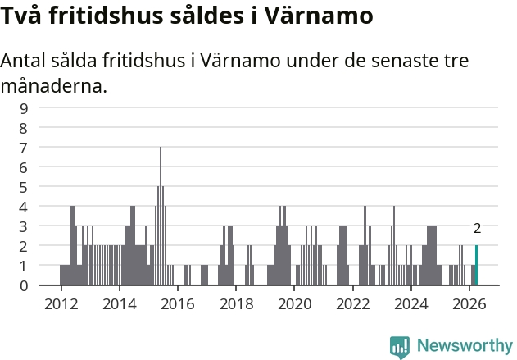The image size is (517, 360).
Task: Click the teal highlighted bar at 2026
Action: pos(476,265)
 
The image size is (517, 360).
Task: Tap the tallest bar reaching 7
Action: pos(161,216)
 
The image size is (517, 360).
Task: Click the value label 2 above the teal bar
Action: pos(477,229)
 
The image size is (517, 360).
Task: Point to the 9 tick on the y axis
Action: pos(24,108)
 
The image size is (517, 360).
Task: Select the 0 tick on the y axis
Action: pos(24,285)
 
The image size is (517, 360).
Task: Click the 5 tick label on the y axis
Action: pos(24,188)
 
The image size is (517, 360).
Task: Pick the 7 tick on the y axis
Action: pos(24,148)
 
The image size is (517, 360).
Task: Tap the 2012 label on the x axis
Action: pos(61,304)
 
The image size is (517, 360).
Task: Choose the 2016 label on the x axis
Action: pos(178,304)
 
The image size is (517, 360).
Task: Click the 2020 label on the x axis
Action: pos(294,304)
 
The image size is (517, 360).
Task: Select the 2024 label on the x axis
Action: pos(411,304)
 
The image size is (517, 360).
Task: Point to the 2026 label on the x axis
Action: pos(469,304)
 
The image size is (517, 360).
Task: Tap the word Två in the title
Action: pos(21,16)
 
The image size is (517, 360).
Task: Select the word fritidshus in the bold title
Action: pos(107,16)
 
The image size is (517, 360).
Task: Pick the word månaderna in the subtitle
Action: pos(54,86)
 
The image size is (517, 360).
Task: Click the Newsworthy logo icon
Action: pos(400,347)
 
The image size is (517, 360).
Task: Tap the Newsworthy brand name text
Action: pos(465,345)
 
